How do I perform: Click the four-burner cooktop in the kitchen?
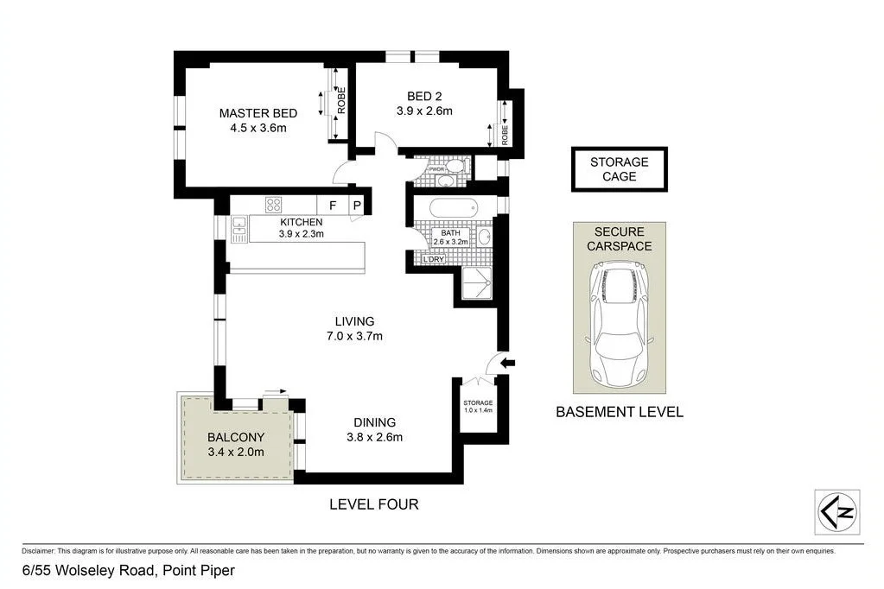274,206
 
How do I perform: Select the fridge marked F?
332,206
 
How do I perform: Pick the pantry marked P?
355,206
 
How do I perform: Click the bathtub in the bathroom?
453,209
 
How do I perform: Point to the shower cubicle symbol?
476,282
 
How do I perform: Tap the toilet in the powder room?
458,168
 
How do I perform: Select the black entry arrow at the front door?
508,363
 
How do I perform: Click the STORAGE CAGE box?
619,169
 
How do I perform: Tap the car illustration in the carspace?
620,326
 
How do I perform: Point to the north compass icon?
836,511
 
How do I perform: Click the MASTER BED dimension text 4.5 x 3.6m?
258,128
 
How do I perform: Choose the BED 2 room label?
424,96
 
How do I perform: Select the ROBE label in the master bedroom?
341,102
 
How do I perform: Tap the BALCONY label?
235,437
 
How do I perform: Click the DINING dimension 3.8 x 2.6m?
373,437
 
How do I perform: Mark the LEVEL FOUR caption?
373,504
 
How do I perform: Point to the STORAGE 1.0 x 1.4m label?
477,407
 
